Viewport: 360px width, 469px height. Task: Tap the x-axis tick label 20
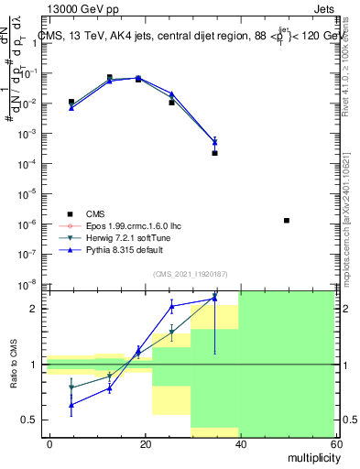click(x=146, y=443)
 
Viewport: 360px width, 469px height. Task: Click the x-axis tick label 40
click(x=240, y=443)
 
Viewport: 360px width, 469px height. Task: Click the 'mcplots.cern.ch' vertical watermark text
click(x=352, y=234)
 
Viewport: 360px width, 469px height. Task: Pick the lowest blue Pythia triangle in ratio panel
click(x=71, y=404)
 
